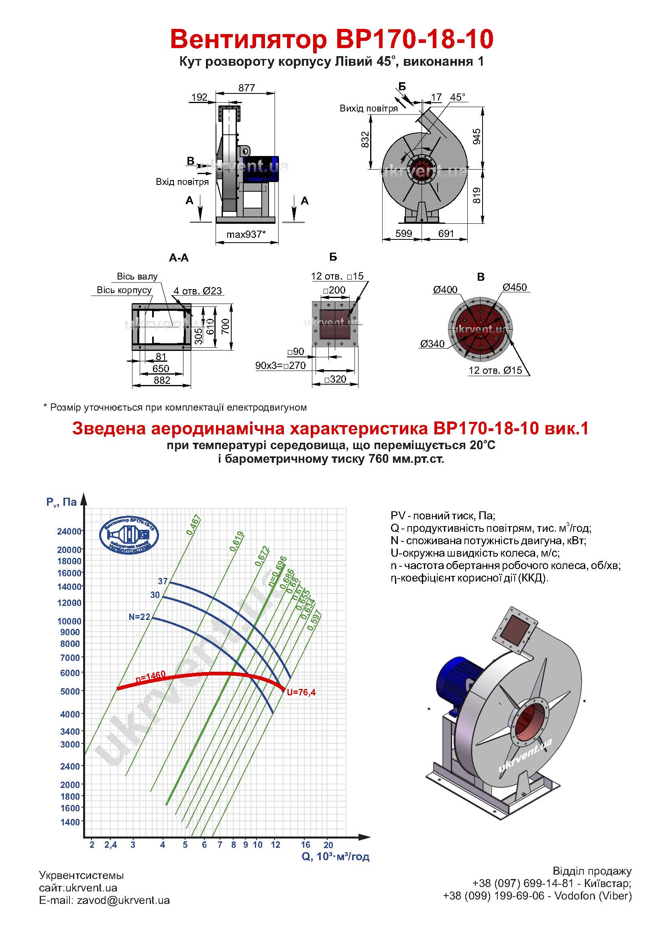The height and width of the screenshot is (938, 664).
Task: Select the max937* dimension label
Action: pyautogui.click(x=246, y=234)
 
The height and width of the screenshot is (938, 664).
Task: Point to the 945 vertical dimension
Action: pyautogui.click(x=477, y=136)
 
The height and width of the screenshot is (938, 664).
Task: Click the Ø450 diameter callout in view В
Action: pyautogui.click(x=515, y=287)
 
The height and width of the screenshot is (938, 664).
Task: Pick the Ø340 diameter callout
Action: pyautogui.click(x=432, y=344)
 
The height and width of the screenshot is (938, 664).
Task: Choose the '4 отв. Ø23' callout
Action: pyautogui.click(x=198, y=290)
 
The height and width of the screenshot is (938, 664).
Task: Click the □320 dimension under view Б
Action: pyautogui.click(x=335, y=379)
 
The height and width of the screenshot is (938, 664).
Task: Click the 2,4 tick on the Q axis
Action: pyautogui.click(x=110, y=845)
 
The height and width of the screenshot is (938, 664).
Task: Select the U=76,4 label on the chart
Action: pyautogui.click(x=301, y=692)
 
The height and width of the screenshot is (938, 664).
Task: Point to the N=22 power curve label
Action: pyautogui.click(x=139, y=617)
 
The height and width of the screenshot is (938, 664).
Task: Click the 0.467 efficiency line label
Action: pyautogui.click(x=193, y=525)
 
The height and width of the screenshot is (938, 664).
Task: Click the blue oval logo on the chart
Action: pyautogui.click(x=129, y=536)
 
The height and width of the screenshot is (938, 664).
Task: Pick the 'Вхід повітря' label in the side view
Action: pyautogui.click(x=182, y=182)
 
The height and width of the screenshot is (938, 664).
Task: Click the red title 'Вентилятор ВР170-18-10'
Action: pyautogui.click(x=332, y=39)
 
